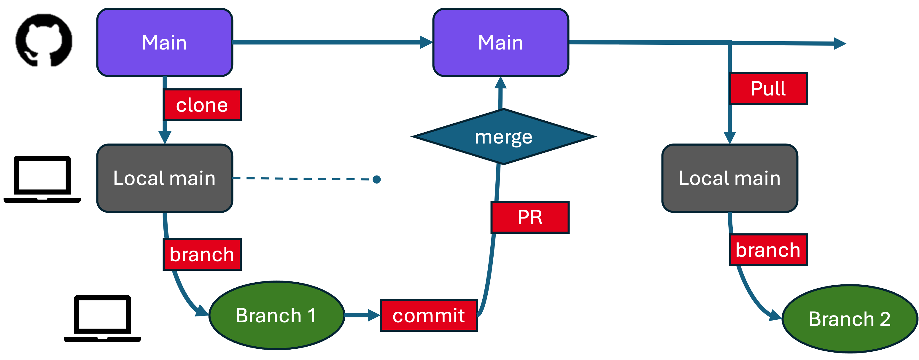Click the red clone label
point(202,105)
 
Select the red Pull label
point(768,88)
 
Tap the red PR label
point(530,217)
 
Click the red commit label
point(428,316)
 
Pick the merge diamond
point(503,137)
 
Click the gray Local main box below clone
point(164,178)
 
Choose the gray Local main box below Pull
point(729,178)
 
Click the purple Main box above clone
point(164,42)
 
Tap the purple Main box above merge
point(500,42)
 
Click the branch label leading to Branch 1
point(202,254)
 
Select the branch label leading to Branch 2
point(768,250)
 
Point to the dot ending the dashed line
point(376,179)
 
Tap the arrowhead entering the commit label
point(374,315)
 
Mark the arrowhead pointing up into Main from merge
point(500,84)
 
